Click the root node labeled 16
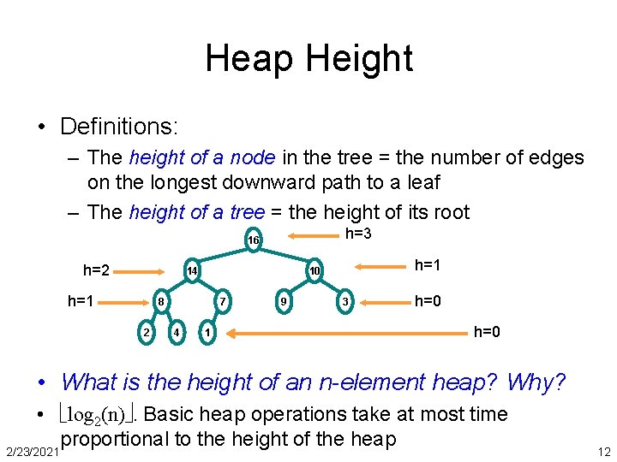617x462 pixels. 253,240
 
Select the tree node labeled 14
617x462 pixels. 193,271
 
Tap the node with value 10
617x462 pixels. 314,271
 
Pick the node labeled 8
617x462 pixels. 160,301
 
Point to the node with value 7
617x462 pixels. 222,301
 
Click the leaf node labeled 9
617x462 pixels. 284,301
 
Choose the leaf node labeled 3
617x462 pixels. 344,301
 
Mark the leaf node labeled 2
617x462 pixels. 147,332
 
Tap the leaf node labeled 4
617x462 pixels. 176,332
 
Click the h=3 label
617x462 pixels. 357,234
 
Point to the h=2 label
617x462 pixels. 96,270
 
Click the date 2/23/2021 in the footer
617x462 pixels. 30,450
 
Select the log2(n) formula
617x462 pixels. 101,415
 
